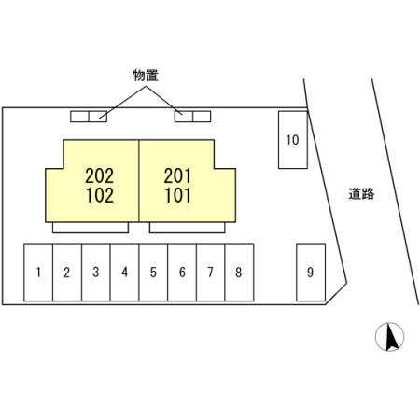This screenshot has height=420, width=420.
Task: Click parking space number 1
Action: (x=38, y=273)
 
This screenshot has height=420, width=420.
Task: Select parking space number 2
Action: (x=67, y=273)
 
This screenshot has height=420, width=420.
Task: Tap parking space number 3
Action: (x=96, y=273)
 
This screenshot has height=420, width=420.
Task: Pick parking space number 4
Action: (x=124, y=273)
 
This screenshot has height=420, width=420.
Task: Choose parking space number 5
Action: (x=153, y=273)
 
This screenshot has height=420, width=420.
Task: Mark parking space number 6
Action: (x=182, y=273)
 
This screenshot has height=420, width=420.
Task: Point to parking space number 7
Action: (x=211, y=273)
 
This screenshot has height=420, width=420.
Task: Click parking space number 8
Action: (x=239, y=273)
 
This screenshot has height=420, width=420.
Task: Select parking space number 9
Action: (x=311, y=273)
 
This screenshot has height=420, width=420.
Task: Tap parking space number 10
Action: (x=293, y=140)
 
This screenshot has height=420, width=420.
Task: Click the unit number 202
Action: (x=100, y=175)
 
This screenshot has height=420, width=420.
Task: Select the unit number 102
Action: (x=100, y=195)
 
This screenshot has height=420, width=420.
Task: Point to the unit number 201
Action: (x=177, y=175)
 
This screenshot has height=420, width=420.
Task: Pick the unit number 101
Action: (x=177, y=195)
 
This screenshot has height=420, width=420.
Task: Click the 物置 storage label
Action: (x=146, y=76)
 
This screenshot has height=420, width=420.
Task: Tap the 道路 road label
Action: (x=361, y=194)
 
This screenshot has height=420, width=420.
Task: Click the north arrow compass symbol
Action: (x=389, y=337)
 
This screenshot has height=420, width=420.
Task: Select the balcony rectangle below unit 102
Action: (x=91, y=228)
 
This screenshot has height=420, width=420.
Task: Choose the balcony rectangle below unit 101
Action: (x=188, y=228)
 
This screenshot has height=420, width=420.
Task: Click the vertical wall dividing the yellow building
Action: (x=139, y=181)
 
